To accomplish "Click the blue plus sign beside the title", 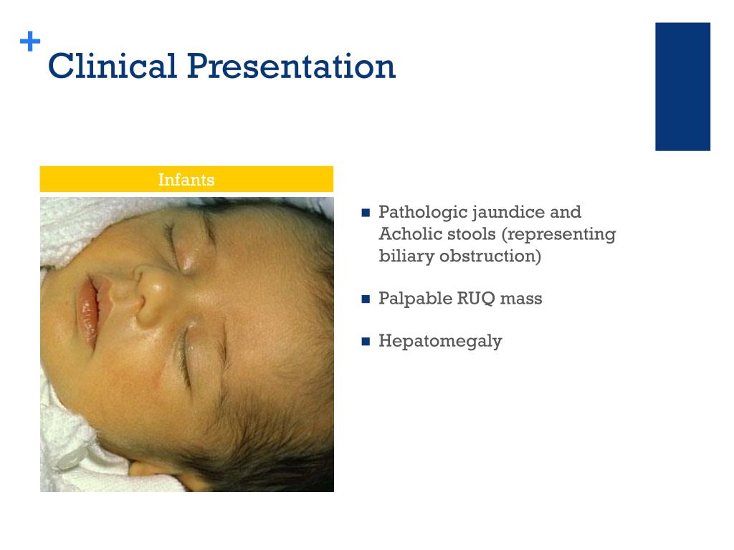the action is [x=30, y=41].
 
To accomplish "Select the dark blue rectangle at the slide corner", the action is [x=682, y=87].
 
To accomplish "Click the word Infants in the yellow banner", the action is [x=186, y=180].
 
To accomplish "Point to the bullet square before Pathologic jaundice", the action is [x=366, y=213].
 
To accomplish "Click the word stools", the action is [x=467, y=234].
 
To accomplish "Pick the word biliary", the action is [x=406, y=256].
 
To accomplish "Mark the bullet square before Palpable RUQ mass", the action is [x=366, y=299].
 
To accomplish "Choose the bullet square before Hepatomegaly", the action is [x=366, y=342].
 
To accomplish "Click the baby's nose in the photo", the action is [x=150, y=294].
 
